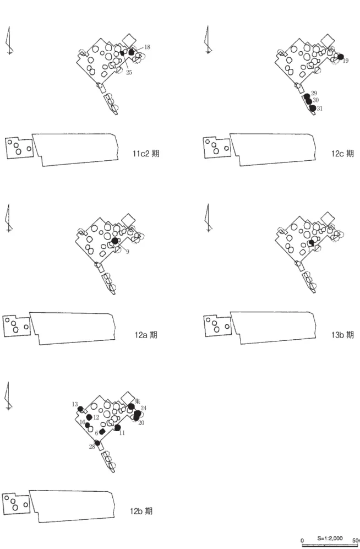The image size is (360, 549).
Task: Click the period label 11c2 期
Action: pyautogui.click(x=146, y=153)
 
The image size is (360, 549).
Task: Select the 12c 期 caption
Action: pyautogui.click(x=342, y=153)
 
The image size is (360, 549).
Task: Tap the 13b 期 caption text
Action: pyautogui.click(x=342, y=335)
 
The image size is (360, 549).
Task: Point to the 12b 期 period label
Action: pyautogui.click(x=141, y=511)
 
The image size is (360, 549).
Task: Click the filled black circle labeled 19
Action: pyautogui.click(x=341, y=57)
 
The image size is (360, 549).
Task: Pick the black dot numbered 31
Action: pyautogui.click(x=313, y=108)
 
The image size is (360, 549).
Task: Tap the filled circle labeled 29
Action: pyautogui.click(x=307, y=96)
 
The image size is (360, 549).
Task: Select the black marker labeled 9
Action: pyautogui.click(x=114, y=241)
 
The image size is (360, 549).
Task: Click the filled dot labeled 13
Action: pyautogui.click(x=80, y=409)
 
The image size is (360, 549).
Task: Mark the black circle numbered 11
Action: pyautogui.click(x=117, y=427)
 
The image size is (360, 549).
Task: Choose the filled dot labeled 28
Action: pyautogui.click(x=97, y=443)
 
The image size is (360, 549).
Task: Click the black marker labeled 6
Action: pyautogui.click(x=102, y=432)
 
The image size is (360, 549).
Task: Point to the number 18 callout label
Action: pyautogui.click(x=147, y=47)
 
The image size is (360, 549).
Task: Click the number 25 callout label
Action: pyautogui.click(x=129, y=73)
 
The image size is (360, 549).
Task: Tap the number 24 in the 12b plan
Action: pyautogui.click(x=144, y=408)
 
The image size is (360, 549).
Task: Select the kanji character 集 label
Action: pyautogui.click(x=137, y=401)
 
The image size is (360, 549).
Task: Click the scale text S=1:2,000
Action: pyautogui.click(x=330, y=538)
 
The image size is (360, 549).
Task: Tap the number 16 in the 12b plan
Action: pyautogui.click(x=83, y=422)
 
